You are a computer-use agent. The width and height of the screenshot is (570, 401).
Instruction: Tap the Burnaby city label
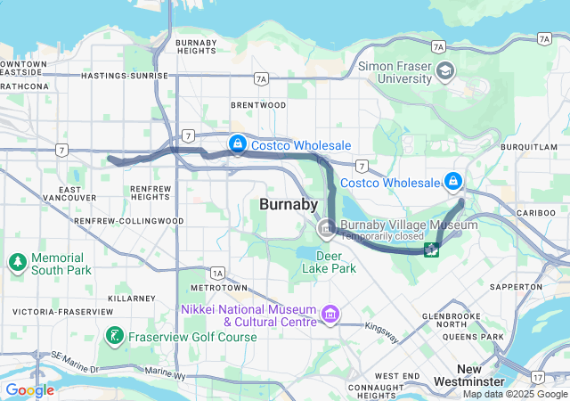pyautogui.click(x=289, y=205)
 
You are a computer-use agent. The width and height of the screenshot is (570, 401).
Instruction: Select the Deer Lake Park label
pyautogui.click(x=329, y=262)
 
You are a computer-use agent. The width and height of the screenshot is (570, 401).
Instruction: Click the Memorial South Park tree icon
pyautogui.click(x=17, y=262)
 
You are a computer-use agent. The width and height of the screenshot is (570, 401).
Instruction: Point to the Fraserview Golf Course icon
pyautogui.click(x=114, y=336)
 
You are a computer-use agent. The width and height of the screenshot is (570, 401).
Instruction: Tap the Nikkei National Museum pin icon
pyautogui.click(x=331, y=314)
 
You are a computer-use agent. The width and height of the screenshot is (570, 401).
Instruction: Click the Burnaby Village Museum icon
pyautogui.click(x=327, y=231)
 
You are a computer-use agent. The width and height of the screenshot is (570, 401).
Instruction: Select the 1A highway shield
pyautogui.click(x=217, y=273)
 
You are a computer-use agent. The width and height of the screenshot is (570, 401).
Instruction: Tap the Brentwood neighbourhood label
pyautogui.click(x=258, y=105)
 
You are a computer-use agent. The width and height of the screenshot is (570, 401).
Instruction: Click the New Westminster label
pyautogui.click(x=481, y=375)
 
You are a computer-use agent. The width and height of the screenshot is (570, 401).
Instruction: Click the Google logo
pyautogui.click(x=29, y=390)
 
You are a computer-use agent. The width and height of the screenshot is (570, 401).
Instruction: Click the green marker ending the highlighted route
pyautogui.click(x=431, y=250)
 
